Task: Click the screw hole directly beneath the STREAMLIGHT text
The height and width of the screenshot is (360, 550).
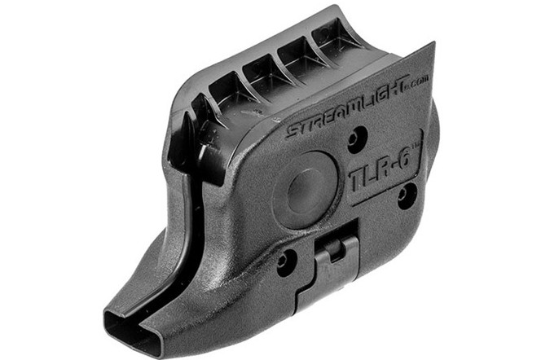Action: click(358, 138)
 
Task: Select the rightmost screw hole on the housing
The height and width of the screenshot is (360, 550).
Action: click(407, 195)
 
